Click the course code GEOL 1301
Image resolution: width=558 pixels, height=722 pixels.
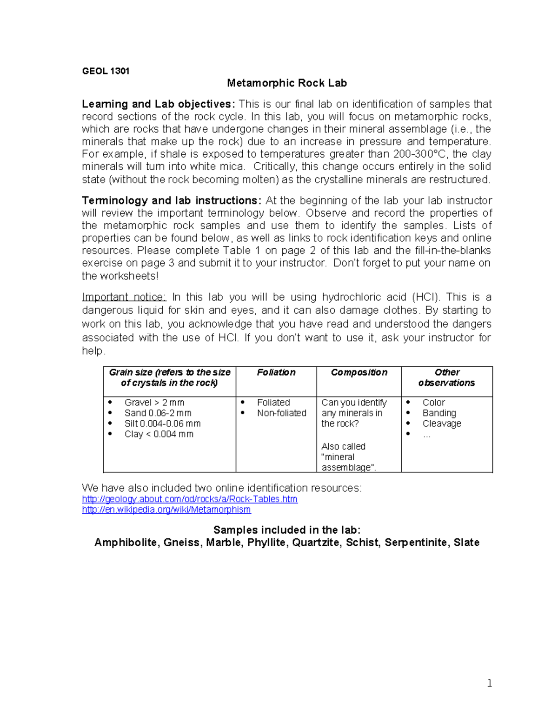[106, 71]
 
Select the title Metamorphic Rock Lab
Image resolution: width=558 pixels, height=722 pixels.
[286, 83]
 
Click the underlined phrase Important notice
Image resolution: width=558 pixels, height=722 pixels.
[124, 297]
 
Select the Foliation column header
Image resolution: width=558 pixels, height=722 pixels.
[276, 372]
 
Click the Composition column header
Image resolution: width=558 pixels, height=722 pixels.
[359, 372]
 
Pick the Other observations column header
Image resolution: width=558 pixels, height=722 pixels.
[446, 378]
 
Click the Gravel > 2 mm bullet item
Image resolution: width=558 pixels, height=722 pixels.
[154, 403]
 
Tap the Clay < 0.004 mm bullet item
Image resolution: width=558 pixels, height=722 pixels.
[159, 434]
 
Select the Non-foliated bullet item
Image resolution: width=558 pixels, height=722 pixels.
[281, 413]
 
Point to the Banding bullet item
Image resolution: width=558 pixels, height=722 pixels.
[439, 413]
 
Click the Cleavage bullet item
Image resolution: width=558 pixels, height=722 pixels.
[441, 424]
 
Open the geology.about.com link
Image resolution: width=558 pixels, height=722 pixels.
[189, 499]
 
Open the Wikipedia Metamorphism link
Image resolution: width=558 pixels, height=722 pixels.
[166, 510]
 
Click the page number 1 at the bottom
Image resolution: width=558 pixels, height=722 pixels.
[489, 683]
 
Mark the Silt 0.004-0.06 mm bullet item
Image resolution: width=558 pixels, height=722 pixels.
[162, 424]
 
